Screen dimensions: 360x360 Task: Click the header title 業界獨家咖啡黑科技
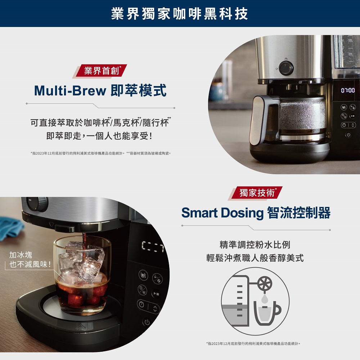pos(180,14)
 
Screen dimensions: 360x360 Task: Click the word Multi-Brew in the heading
pos(70,91)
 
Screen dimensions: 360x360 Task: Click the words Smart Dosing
pos(222,213)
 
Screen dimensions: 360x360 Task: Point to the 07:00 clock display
pos(347,90)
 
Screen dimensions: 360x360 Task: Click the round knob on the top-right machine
pos(286,67)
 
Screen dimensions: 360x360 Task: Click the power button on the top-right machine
pos(347,135)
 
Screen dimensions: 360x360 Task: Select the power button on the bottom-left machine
pos(147,322)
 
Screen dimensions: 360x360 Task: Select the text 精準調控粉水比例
pos(255,245)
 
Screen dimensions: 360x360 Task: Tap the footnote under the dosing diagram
pos(253,344)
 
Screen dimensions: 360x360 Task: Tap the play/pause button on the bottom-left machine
pos(156,294)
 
